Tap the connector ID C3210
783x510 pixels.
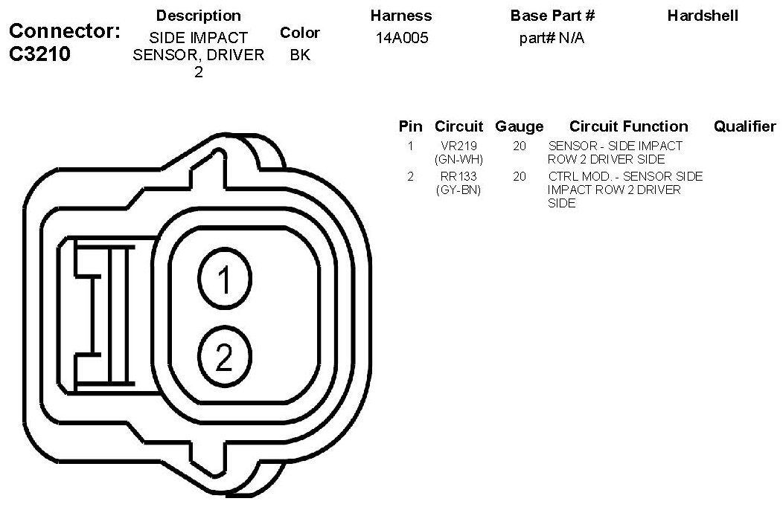tap(40, 54)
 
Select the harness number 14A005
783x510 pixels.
tap(402, 38)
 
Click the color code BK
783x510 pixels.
tap(300, 55)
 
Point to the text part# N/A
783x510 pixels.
tap(552, 38)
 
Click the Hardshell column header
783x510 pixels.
tap(703, 16)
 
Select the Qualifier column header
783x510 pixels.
tap(745, 126)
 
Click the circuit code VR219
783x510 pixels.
tap(459, 146)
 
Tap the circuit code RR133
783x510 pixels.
tap(458, 176)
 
